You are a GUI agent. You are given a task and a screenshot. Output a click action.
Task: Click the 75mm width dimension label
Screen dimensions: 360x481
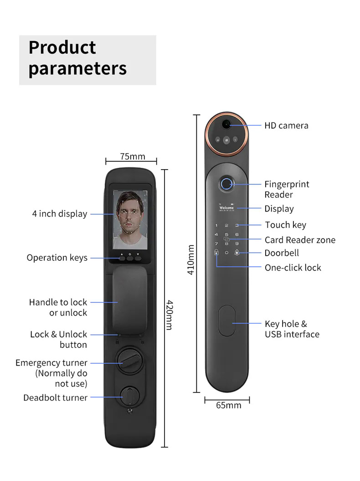(x=133, y=156)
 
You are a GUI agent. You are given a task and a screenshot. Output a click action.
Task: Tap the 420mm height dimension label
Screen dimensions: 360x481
(x=170, y=315)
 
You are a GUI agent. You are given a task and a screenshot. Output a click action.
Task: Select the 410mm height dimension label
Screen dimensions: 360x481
(x=191, y=259)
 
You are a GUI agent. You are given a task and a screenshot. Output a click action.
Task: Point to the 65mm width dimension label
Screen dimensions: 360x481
(x=228, y=405)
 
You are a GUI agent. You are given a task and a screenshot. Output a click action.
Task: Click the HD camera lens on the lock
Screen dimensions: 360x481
(x=226, y=124)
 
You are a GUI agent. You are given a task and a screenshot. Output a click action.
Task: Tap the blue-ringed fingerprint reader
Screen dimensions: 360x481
(x=226, y=184)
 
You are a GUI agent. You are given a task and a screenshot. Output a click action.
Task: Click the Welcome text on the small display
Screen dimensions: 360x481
(x=226, y=208)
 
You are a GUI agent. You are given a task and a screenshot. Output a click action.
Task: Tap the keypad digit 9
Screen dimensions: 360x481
(x=237, y=243)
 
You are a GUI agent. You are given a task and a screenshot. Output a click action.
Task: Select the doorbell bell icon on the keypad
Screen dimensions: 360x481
(x=237, y=253)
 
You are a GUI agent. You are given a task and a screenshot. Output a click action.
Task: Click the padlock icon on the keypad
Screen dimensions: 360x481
(x=216, y=253)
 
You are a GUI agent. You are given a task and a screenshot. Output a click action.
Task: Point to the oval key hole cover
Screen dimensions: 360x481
(x=227, y=321)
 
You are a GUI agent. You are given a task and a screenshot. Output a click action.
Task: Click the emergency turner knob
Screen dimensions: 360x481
(x=130, y=361)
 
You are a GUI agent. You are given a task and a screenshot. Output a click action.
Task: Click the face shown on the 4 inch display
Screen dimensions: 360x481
(x=130, y=217)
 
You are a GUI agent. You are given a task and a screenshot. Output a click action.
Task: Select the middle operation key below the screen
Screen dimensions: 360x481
(x=130, y=259)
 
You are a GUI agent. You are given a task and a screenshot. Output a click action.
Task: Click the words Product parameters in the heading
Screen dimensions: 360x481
(x=77, y=57)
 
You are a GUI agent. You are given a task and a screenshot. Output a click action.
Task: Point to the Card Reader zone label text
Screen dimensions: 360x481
(x=300, y=240)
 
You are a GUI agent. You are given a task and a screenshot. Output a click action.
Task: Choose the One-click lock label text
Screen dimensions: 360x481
(x=293, y=268)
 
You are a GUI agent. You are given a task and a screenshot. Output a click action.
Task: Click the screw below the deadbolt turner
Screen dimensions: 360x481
(x=130, y=410)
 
